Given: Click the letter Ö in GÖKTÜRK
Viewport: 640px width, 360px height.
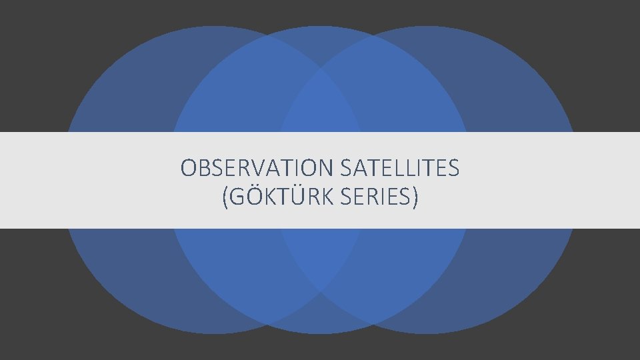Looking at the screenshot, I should tap(249, 197).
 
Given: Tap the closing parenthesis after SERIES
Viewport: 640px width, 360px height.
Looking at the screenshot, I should tap(416, 197).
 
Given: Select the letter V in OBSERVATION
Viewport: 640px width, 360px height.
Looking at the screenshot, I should tap(257, 169).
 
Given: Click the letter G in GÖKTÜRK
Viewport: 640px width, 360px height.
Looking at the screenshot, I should tap(234, 197).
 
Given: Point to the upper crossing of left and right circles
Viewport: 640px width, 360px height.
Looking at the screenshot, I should tap(320, 69).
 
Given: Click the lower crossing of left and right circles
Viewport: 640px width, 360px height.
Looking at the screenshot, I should tap(320, 291).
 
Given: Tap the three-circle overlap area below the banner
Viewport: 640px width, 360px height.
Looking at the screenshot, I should tap(320, 257).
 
